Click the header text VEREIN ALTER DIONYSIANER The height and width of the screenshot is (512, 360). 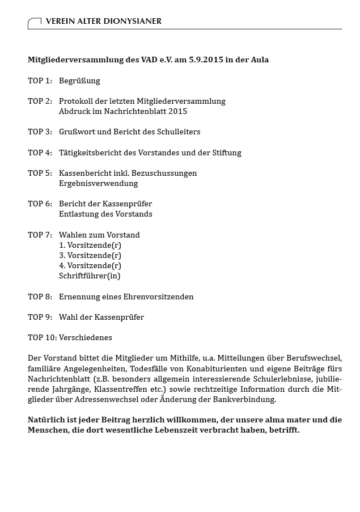coord(103,21)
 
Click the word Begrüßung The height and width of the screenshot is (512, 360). coord(79,81)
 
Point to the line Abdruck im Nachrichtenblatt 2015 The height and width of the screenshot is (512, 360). coord(123,111)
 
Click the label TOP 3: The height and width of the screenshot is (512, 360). coord(40,132)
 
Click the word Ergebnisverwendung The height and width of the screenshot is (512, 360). coord(98,183)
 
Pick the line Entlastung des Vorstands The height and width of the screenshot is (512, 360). coord(105,214)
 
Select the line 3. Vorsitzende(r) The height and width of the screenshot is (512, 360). coord(90,255)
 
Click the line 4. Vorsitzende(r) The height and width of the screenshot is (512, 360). coord(90,265)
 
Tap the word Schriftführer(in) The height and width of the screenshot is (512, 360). coord(90,276)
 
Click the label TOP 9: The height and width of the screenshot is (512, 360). coord(40,317)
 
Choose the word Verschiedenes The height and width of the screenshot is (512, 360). coord(86,337)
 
